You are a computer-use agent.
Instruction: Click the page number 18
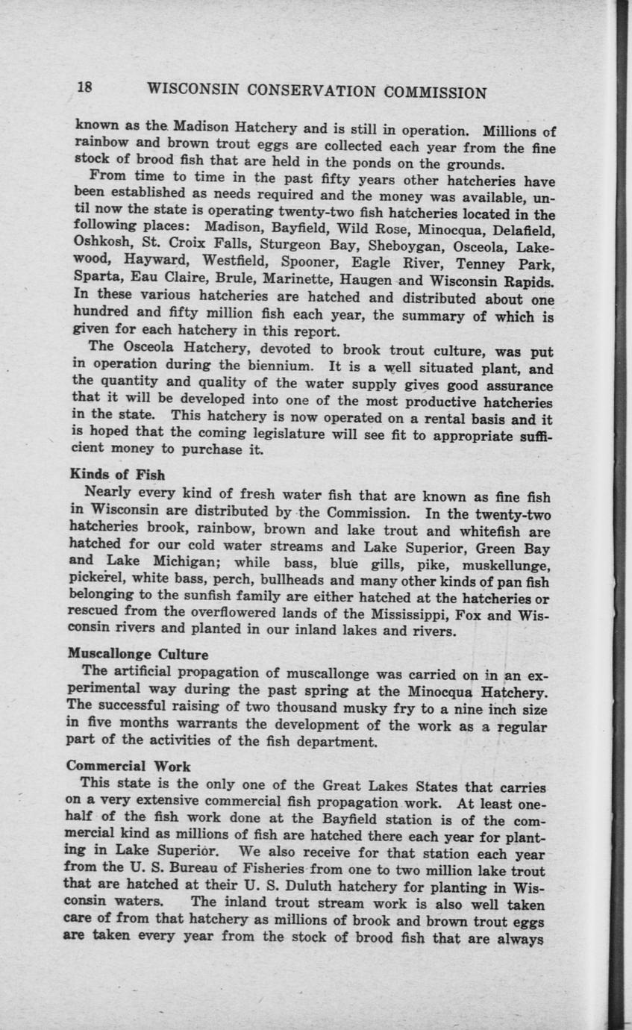(84, 87)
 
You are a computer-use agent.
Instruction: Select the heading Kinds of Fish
(117, 475)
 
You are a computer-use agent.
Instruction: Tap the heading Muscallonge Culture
(138, 655)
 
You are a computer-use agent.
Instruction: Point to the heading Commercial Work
(128, 766)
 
